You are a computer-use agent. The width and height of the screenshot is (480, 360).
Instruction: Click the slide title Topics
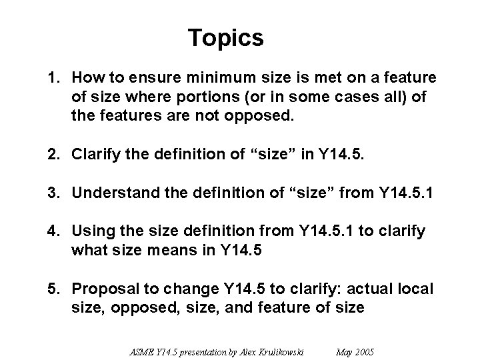point(226,38)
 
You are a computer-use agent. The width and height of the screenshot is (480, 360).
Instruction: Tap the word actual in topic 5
point(373,289)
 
